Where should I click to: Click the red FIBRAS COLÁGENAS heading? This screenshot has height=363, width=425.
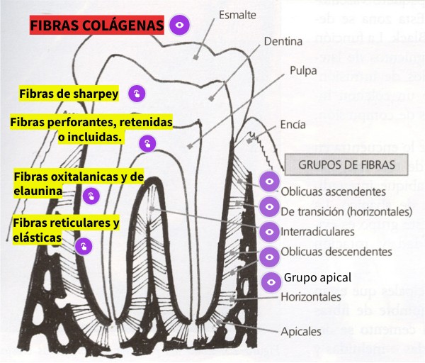pyautogui.click(x=96, y=26)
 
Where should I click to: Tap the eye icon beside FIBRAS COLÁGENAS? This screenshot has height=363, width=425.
pyautogui.click(x=180, y=26)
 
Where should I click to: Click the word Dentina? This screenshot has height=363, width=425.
pyautogui.click(x=283, y=42)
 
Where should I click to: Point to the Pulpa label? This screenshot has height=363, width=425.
pyautogui.click(x=302, y=71)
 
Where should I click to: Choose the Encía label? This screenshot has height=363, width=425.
pyautogui.click(x=293, y=124)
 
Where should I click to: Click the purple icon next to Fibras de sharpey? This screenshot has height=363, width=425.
pyautogui.click(x=137, y=94)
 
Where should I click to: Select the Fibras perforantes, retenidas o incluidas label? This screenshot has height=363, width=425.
pyautogui.click(x=91, y=129)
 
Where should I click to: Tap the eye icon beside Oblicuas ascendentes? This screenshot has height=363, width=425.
pyautogui.click(x=269, y=182)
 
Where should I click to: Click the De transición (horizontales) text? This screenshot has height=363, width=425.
pyautogui.click(x=346, y=211)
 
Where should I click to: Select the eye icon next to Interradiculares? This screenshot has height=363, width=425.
pyautogui.click(x=269, y=231)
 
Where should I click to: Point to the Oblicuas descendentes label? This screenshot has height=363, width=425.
pyautogui.click(x=336, y=252)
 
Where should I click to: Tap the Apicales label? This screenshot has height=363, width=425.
pyautogui.click(x=300, y=331)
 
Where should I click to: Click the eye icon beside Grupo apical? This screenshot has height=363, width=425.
pyautogui.click(x=269, y=281)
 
